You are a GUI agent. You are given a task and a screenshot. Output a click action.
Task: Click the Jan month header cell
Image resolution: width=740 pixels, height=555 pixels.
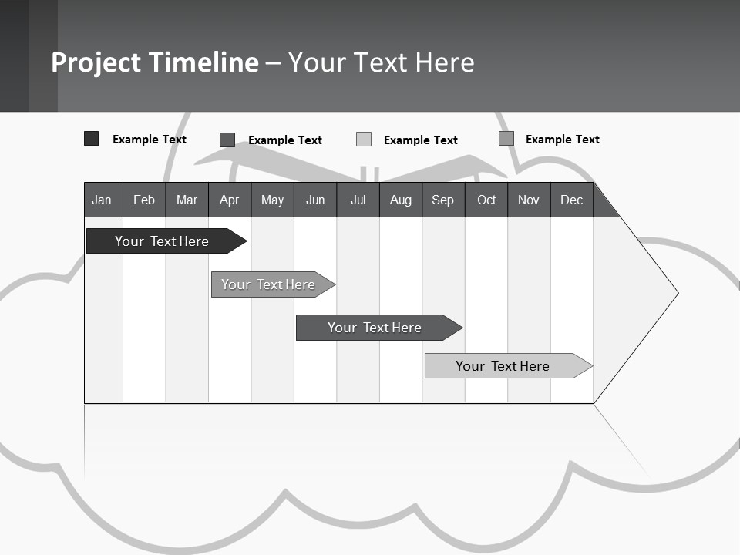point(103,200)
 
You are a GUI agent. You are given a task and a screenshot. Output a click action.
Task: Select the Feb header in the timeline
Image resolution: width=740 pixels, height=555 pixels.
point(144,200)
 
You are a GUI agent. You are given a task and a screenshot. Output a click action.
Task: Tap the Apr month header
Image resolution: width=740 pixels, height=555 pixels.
point(230,200)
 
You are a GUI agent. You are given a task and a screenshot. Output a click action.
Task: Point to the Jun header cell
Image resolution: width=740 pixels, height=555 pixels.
point(315,200)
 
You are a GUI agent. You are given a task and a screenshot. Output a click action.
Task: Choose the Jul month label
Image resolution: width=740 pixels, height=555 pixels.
point(358,200)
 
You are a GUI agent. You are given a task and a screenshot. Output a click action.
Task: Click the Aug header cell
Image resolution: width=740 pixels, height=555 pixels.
point(401,200)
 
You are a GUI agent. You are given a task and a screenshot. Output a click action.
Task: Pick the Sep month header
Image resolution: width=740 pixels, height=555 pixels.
point(443,200)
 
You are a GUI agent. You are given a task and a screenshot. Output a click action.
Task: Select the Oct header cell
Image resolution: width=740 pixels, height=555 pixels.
point(486,200)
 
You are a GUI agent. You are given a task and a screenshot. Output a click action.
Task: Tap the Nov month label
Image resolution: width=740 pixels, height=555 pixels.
point(529,200)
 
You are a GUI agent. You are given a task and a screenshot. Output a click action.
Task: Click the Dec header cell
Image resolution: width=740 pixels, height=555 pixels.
point(572,200)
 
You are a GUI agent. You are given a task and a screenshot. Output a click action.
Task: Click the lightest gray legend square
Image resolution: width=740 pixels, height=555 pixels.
point(364,140)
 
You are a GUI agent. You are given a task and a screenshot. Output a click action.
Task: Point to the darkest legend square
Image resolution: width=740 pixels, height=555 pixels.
point(92,139)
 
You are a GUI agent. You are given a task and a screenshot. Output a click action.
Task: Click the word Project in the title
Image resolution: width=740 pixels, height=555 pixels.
point(96,62)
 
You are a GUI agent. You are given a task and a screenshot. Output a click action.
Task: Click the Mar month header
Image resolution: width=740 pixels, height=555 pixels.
point(187,200)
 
